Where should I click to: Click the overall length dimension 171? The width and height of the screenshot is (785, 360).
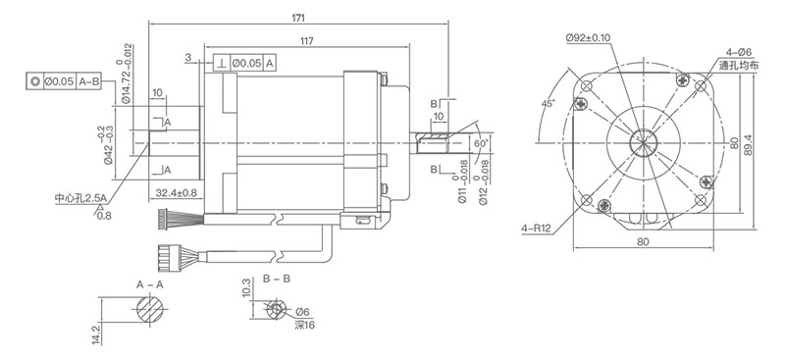[298, 18]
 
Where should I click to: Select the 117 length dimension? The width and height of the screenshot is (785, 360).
[307, 41]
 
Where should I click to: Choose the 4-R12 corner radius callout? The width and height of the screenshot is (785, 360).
[536, 229]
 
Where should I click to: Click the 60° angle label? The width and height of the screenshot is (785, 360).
[480, 143]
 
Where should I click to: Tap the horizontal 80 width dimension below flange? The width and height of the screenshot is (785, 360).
[644, 241]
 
